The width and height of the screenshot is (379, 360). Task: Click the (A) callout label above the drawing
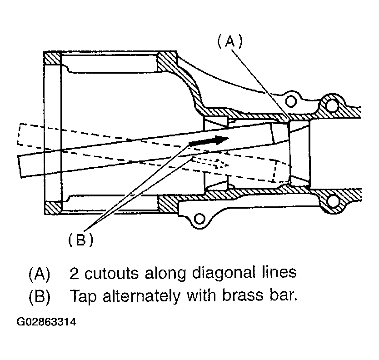pos(229,41)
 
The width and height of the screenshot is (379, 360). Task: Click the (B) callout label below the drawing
pos(81,240)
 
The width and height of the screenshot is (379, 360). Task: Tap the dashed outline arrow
pos(210,163)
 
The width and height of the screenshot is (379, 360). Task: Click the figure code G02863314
pos(46,322)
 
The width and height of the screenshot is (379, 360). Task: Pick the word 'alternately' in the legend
pos(142,295)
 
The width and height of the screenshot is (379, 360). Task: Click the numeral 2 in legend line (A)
pos(74,273)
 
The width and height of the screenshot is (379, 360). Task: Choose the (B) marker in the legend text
pos(40,296)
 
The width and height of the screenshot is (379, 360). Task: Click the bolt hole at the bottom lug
pos(199,219)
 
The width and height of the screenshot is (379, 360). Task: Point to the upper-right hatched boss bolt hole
pos(331,105)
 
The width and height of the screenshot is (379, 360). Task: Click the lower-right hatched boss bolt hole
pos(333,200)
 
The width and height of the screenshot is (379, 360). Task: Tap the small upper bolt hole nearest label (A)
pos(290,101)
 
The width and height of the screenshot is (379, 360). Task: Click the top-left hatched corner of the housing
pos(52,58)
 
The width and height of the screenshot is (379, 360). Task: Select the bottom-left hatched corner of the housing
pos(53,208)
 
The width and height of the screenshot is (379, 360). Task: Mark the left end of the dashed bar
pos(18,134)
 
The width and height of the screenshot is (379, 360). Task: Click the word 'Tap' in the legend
pos(83,296)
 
